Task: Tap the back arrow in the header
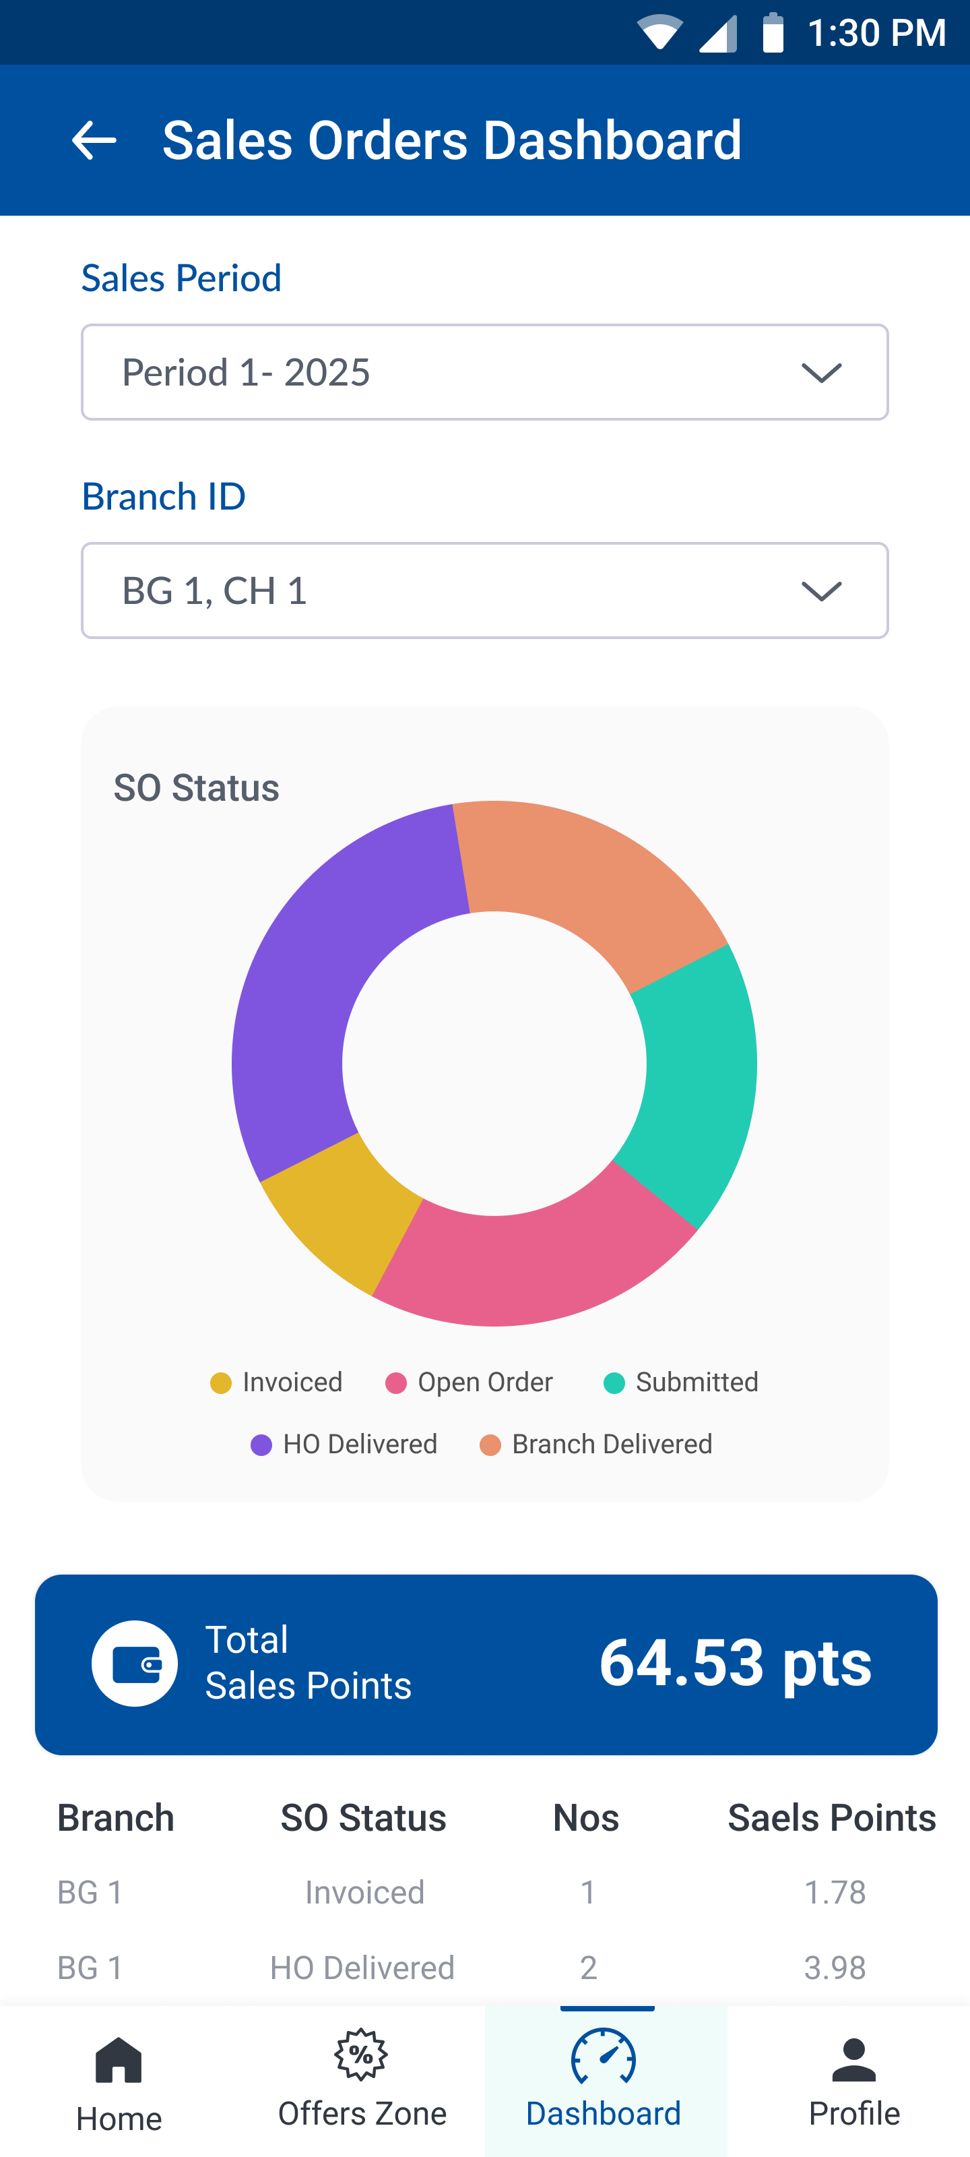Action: pyautogui.click(x=94, y=140)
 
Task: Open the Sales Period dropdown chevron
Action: pyautogui.click(x=821, y=373)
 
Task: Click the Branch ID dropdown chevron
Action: pyautogui.click(x=821, y=591)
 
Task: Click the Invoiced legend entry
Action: pyautogui.click(x=277, y=1383)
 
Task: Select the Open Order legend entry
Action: pyautogui.click(x=470, y=1383)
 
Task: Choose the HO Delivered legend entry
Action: pyautogui.click(x=345, y=1445)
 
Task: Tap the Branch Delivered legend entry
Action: pyautogui.click(x=597, y=1445)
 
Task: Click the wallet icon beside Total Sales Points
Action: pyautogui.click(x=135, y=1663)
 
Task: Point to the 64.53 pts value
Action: pyautogui.click(x=735, y=1662)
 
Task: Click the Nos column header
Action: pyautogui.click(x=586, y=1818)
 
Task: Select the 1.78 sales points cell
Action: pyautogui.click(x=835, y=1892)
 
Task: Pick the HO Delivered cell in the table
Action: pyautogui.click(x=362, y=1967)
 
